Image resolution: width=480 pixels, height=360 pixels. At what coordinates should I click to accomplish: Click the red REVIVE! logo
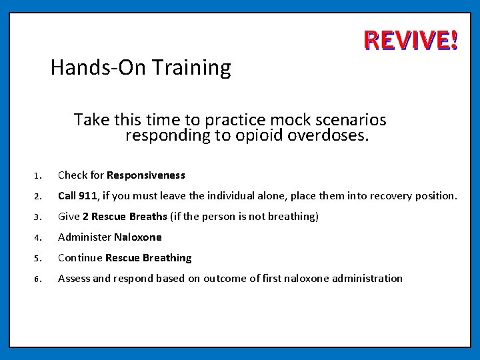click(x=411, y=41)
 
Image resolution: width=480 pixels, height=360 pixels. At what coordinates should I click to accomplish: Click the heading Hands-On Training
click(x=141, y=68)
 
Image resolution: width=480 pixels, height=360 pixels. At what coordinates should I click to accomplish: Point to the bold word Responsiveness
click(x=146, y=175)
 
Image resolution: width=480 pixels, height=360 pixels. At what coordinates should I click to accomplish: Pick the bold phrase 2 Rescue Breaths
click(x=125, y=217)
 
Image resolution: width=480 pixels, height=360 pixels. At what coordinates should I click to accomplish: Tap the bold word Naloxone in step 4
click(x=138, y=237)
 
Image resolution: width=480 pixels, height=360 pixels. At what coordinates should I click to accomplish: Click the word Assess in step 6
click(x=73, y=279)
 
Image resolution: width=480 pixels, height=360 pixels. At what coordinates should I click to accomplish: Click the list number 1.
click(x=39, y=176)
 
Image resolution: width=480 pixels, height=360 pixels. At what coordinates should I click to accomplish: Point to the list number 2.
click(x=39, y=197)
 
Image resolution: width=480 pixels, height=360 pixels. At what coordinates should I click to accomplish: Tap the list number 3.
click(x=39, y=217)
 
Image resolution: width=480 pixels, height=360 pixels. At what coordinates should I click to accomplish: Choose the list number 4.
click(x=39, y=238)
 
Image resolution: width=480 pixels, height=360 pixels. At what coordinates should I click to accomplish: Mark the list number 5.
click(x=39, y=259)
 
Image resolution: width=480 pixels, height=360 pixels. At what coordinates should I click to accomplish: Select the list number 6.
click(x=39, y=279)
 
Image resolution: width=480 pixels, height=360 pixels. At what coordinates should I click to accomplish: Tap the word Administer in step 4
click(x=85, y=237)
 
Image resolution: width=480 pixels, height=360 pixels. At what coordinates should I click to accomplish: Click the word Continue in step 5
click(x=79, y=258)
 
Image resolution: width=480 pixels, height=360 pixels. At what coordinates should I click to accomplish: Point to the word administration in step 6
click(x=369, y=279)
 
